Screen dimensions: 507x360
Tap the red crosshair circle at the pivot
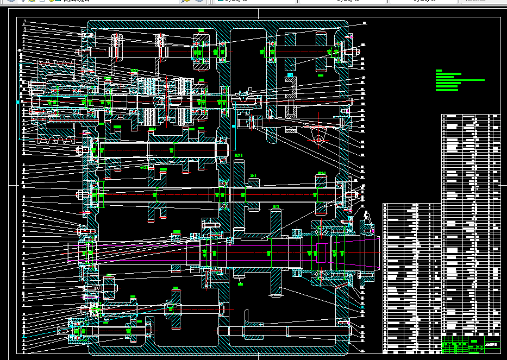[x=318, y=140]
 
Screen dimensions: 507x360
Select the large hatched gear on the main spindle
[x=276, y=252]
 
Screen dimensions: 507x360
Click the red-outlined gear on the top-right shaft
[x=321, y=52]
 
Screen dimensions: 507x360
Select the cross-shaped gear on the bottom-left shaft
[x=174, y=309]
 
